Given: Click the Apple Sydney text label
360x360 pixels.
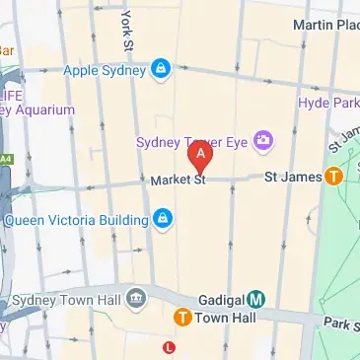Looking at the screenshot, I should [x=104, y=69].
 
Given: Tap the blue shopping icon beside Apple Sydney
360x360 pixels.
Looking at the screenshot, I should [x=161, y=69].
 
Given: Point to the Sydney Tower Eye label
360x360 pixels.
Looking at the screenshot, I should [x=192, y=139].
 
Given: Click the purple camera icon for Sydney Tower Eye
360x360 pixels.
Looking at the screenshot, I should [x=263, y=140].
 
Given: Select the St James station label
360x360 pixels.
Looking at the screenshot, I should [x=293, y=177].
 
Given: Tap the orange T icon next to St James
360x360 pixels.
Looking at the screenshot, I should [x=334, y=177].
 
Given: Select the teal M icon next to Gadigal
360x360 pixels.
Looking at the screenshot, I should [x=255, y=298].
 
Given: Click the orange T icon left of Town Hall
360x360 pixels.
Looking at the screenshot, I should [x=182, y=318].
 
